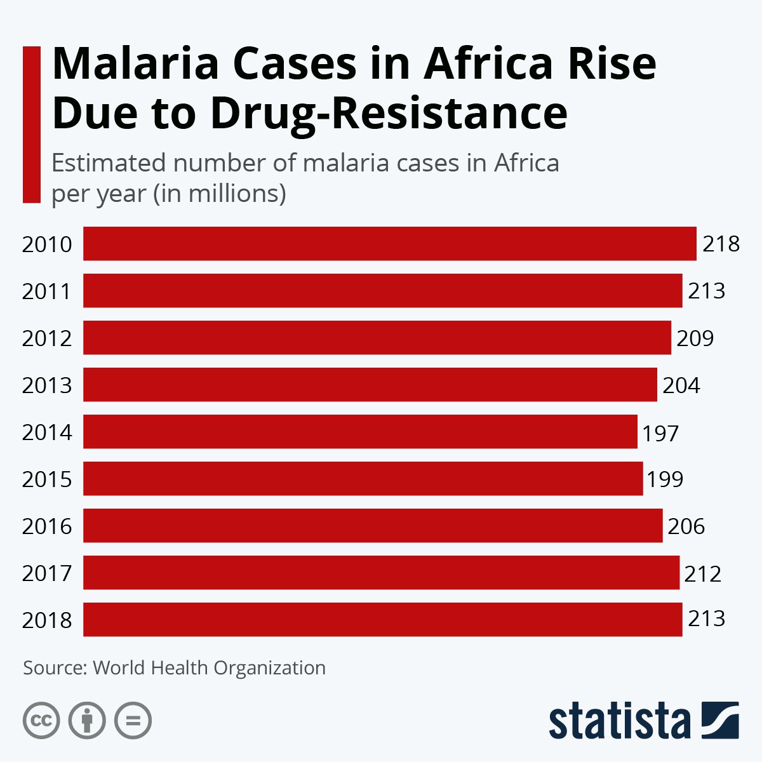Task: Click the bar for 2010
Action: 389,244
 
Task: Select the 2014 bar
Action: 360,432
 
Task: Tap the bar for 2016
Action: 373,526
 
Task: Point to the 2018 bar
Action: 382,620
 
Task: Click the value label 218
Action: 721,244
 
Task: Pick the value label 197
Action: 660,433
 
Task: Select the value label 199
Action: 665,479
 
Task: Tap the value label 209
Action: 695,338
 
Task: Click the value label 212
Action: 702,574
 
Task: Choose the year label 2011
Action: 47,291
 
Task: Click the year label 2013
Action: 47,385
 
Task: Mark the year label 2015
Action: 47,479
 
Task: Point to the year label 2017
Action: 47,573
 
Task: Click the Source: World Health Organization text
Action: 175,668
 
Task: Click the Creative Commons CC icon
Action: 41,721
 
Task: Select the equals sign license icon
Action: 133,721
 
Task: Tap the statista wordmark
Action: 619,721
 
